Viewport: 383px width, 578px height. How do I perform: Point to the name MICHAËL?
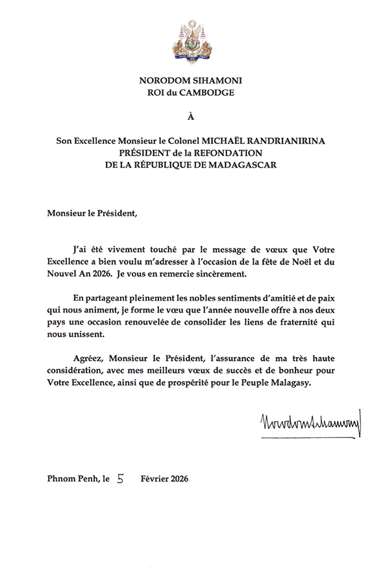coord(223,141)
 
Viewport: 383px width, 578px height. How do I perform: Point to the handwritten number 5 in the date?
coord(119,480)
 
